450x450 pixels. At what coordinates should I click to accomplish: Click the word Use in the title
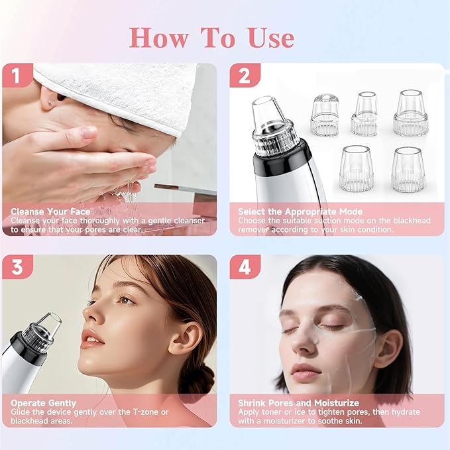tap(272, 38)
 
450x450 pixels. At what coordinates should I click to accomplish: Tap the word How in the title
tap(159, 38)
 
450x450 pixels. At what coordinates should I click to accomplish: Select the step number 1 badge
tap(17, 75)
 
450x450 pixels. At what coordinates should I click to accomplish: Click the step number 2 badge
tap(245, 75)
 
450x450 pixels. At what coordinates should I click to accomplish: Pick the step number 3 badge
tap(17, 267)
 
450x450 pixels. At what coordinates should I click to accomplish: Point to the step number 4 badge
tap(245, 267)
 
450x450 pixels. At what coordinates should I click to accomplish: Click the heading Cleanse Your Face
tap(50, 211)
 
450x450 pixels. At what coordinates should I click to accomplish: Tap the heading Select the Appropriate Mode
tap(300, 211)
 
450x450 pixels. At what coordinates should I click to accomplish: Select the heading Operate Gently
tap(44, 403)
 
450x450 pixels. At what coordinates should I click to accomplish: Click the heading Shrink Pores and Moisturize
tap(298, 403)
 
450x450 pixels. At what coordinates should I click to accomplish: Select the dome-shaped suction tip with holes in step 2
tap(325, 115)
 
